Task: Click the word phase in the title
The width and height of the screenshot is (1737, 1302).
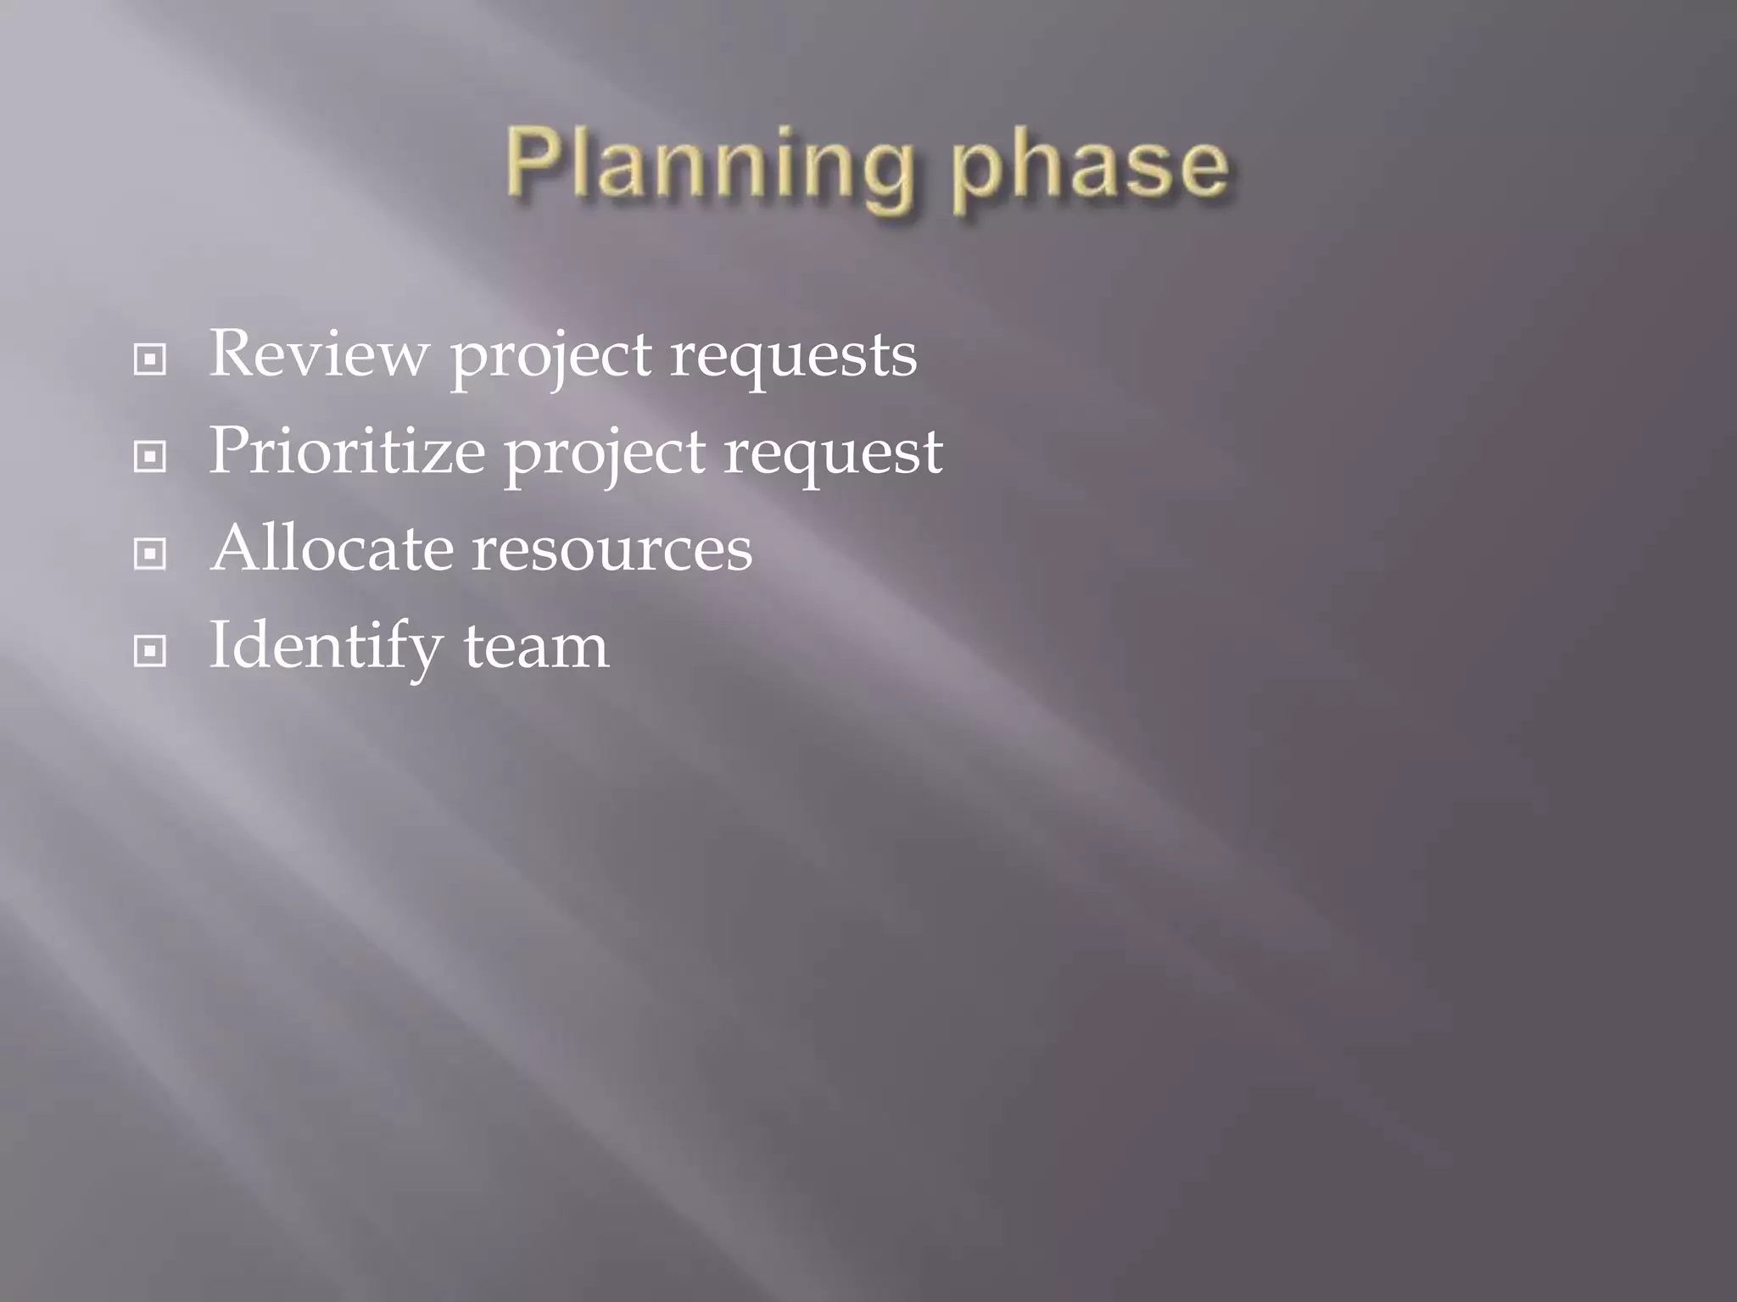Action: tap(1089, 166)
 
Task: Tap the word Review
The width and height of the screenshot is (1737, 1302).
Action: tap(319, 353)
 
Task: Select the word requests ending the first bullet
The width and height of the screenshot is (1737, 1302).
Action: tap(794, 356)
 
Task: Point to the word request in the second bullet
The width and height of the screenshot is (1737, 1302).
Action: tap(833, 453)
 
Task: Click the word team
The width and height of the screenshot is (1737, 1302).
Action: tap(536, 647)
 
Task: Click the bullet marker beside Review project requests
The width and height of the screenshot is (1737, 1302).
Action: tap(150, 360)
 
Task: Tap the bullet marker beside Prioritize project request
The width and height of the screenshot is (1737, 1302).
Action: tap(150, 457)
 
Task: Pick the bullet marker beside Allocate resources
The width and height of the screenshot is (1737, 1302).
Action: tap(150, 554)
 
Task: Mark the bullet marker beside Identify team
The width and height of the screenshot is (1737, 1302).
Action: tap(150, 651)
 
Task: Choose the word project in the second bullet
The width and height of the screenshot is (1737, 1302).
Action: tap(605, 454)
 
